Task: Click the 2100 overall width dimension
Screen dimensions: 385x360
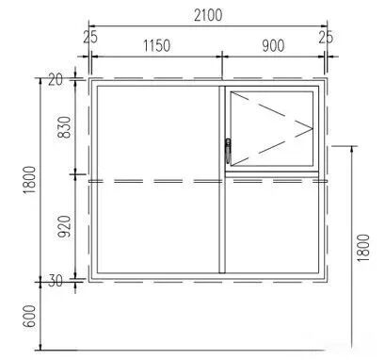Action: coord(208,15)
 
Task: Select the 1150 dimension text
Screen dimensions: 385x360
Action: coord(157,45)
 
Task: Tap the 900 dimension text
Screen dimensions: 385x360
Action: coord(273,45)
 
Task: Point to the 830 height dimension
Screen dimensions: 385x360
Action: coord(65,127)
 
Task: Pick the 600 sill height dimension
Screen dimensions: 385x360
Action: coord(30,316)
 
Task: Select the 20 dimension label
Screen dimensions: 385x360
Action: coord(56,80)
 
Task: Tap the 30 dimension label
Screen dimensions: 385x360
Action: coord(56,281)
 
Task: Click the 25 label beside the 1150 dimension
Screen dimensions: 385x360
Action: coord(90,38)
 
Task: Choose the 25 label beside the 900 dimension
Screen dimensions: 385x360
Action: coord(326,38)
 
